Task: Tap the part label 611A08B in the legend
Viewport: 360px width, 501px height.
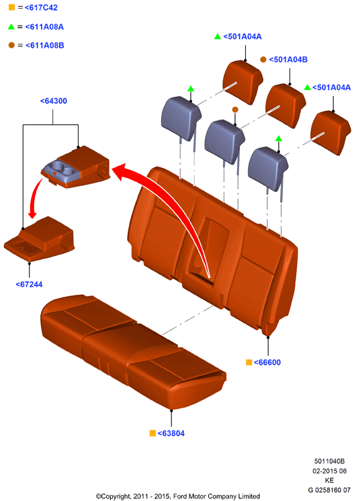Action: [45, 46]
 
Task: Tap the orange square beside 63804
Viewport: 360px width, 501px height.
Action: [152, 433]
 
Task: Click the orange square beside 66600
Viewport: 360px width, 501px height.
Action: [249, 362]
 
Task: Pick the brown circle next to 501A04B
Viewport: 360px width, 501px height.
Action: [263, 59]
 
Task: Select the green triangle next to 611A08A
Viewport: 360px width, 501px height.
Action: [11, 27]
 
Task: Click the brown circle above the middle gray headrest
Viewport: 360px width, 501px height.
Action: [235, 109]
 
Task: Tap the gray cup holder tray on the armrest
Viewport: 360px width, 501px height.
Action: [62, 173]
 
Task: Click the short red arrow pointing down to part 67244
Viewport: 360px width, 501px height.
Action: [34, 198]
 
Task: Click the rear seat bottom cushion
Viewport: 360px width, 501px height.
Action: [134, 351]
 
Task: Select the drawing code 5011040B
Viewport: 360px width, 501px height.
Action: [329, 461]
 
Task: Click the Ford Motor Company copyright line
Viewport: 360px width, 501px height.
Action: [178, 496]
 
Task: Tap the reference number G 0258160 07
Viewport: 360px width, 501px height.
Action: [329, 490]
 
